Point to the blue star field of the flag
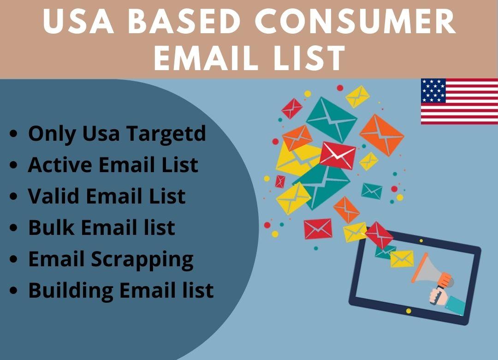pyautogui.click(x=433, y=90)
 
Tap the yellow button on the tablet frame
pyautogui.click(x=409, y=311)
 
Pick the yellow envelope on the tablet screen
pyautogui.click(x=402, y=259)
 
